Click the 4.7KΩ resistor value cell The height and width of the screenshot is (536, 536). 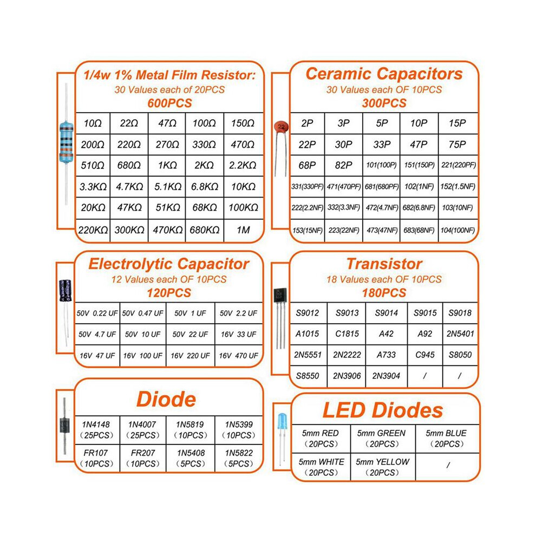click(x=129, y=187)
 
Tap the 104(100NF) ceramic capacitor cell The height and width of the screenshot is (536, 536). click(x=457, y=231)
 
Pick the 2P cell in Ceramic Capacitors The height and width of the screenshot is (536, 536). click(x=307, y=123)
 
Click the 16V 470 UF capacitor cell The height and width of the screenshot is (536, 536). click(x=239, y=356)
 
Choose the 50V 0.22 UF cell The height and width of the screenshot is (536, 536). click(x=97, y=313)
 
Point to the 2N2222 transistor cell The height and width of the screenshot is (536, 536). click(x=347, y=355)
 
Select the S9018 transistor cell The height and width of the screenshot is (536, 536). click(x=460, y=313)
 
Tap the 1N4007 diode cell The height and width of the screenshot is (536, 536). click(x=143, y=430)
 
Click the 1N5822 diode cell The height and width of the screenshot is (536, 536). click(x=239, y=459)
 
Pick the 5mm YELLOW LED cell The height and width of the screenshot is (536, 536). click(x=383, y=467)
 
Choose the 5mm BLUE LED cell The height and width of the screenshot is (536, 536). click(x=447, y=439)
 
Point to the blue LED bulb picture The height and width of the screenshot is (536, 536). click(x=283, y=421)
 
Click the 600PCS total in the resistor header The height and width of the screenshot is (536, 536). click(x=169, y=103)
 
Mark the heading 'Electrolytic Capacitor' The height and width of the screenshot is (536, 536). click(x=169, y=264)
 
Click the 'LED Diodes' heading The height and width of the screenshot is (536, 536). click(x=383, y=410)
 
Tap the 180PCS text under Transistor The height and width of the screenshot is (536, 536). click(x=384, y=293)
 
